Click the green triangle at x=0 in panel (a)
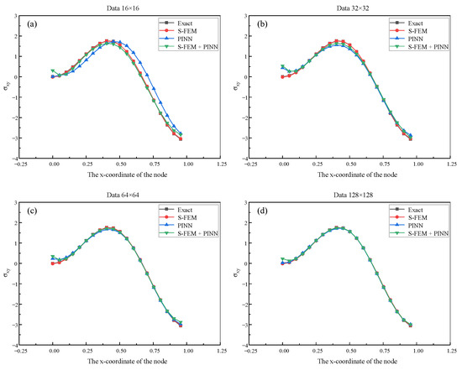point(53,71)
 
